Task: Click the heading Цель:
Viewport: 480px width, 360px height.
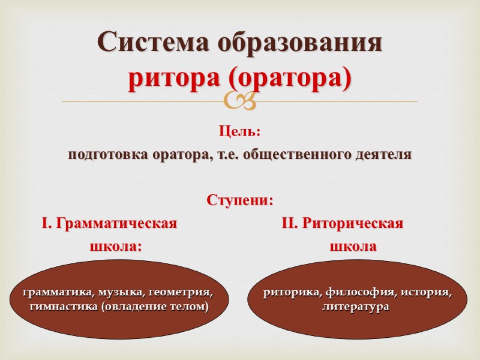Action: (240, 131)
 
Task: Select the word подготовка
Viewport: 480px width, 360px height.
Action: (101, 154)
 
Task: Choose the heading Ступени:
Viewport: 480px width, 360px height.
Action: (240, 200)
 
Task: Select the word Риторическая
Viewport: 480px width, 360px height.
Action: (350, 224)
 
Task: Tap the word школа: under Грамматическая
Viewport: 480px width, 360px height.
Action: (116, 246)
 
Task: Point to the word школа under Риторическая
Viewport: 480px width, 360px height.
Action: (353, 246)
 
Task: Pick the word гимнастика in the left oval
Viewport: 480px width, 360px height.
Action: (56, 307)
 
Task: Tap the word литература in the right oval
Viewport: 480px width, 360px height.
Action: (356, 307)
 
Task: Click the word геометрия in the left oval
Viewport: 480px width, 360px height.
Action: (178, 292)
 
